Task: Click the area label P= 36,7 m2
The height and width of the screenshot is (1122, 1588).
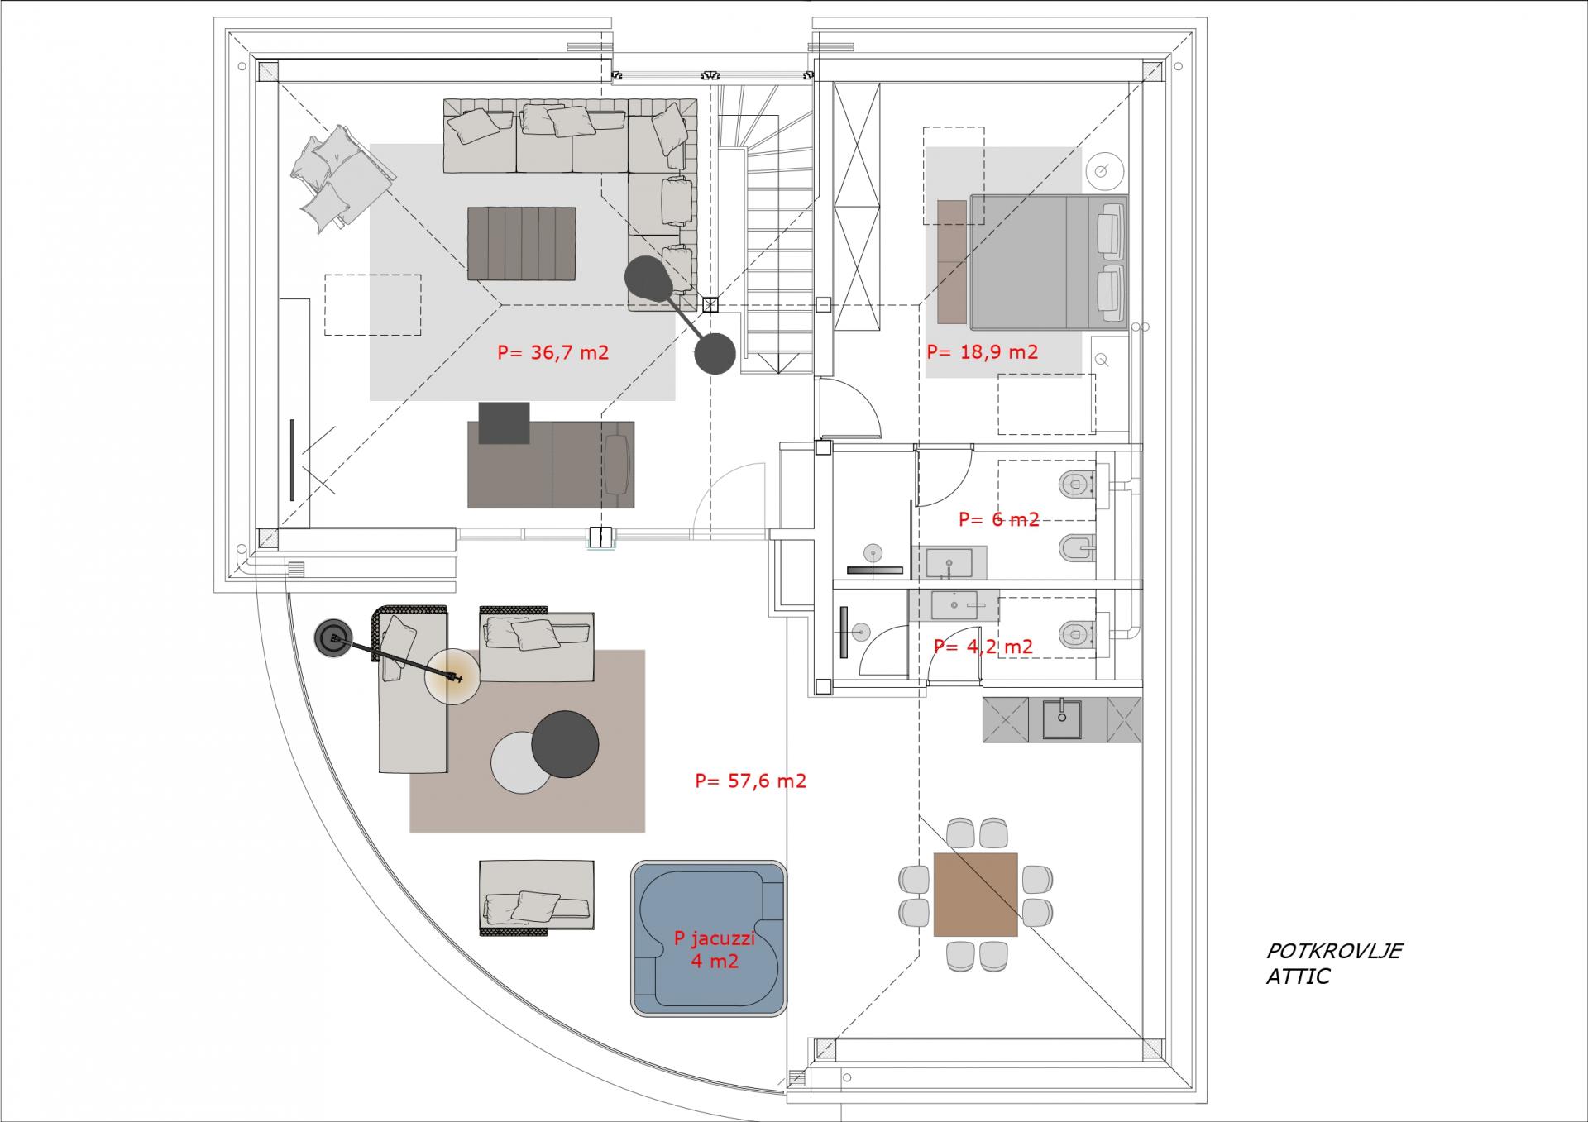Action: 552,353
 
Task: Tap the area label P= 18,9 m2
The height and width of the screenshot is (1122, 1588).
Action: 982,352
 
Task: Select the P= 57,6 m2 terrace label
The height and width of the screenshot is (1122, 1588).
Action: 750,781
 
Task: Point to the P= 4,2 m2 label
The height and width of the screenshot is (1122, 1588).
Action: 983,647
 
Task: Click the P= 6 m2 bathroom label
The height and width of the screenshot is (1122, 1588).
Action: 998,519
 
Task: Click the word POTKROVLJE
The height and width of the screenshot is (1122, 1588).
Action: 1334,951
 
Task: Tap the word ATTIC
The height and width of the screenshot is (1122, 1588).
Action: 1298,976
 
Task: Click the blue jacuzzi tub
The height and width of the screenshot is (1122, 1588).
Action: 709,938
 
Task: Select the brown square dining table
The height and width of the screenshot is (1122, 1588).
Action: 975,895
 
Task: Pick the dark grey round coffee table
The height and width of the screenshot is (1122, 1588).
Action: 565,744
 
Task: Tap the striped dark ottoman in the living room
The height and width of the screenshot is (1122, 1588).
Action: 521,244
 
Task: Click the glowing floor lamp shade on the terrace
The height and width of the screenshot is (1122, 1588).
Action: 452,677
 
